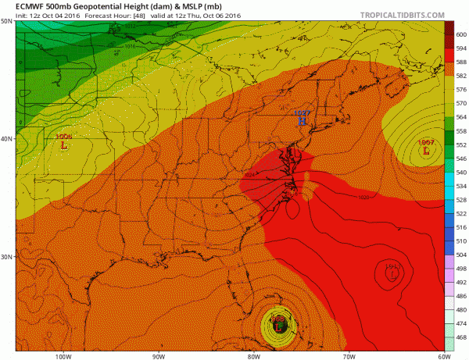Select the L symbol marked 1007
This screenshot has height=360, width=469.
click(426, 151)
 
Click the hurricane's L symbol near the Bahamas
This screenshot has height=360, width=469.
click(281, 323)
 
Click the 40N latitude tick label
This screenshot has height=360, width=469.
click(6, 139)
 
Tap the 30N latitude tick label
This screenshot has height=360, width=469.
click(6, 257)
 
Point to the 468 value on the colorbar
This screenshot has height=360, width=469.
click(461, 337)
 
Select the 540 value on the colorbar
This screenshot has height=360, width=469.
click(461, 172)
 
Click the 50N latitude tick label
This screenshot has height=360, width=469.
click(6, 22)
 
